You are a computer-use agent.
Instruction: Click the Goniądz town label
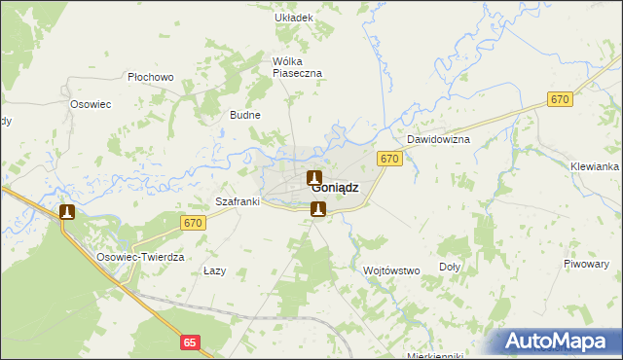pyautogui.click(x=335, y=189)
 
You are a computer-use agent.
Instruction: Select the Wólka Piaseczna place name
pyautogui.click(x=297, y=66)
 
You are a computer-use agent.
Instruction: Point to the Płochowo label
pyautogui.click(x=150, y=77)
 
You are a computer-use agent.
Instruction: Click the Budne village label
pyautogui.click(x=244, y=115)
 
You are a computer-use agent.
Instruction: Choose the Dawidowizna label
pyautogui.click(x=438, y=140)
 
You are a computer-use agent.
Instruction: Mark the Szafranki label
pyautogui.click(x=237, y=202)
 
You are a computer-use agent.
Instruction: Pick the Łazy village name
pyautogui.click(x=214, y=270)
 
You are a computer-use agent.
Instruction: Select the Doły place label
pyautogui.click(x=450, y=266)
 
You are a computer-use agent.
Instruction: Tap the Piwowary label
pyautogui.click(x=585, y=265)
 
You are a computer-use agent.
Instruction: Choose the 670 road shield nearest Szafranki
pyautogui.click(x=193, y=223)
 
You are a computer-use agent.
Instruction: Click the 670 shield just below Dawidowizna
pyautogui.click(x=389, y=159)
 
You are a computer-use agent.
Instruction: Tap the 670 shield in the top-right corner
pyautogui.click(x=559, y=99)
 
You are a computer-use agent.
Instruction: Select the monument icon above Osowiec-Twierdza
pyautogui.click(x=67, y=212)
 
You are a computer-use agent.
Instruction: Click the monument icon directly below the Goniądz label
pyautogui.click(x=317, y=208)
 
